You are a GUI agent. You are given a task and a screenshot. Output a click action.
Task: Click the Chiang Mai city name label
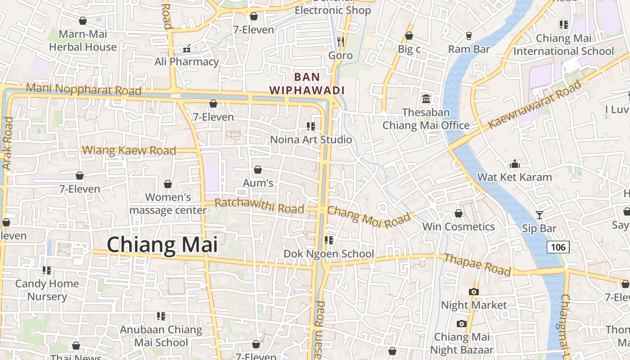[x=162, y=245]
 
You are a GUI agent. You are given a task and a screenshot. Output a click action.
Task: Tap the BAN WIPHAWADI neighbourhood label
[x=307, y=84]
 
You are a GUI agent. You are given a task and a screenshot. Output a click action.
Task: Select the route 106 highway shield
[x=558, y=247]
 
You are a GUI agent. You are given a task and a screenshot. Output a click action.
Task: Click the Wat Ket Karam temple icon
[x=515, y=164]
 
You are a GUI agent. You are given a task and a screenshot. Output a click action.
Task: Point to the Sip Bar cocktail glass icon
[x=539, y=215]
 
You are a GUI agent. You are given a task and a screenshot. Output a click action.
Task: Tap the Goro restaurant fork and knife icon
[x=341, y=42]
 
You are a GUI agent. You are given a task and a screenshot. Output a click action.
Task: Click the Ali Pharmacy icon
[x=187, y=48]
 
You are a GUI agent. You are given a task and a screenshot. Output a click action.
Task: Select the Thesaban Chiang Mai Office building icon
[x=426, y=99]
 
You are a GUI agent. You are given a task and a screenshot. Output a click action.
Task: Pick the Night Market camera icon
[x=473, y=292]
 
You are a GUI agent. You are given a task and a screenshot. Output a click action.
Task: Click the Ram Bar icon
[x=469, y=36]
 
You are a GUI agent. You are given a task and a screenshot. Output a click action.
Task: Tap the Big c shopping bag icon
[x=409, y=36]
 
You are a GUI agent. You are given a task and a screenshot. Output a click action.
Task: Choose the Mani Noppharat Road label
[x=84, y=89]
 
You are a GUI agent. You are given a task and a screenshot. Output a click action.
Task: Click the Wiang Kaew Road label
[x=130, y=150]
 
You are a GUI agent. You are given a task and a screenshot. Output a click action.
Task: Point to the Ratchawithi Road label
[x=260, y=206]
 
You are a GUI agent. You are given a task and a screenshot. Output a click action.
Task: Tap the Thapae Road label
[x=477, y=264]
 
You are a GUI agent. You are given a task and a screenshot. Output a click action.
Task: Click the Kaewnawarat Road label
[x=535, y=104]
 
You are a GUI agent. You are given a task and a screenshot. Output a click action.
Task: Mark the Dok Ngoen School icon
[x=329, y=240]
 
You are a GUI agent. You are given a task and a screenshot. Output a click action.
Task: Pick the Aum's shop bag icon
[x=258, y=170]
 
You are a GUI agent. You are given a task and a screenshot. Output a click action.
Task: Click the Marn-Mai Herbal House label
[x=83, y=40]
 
